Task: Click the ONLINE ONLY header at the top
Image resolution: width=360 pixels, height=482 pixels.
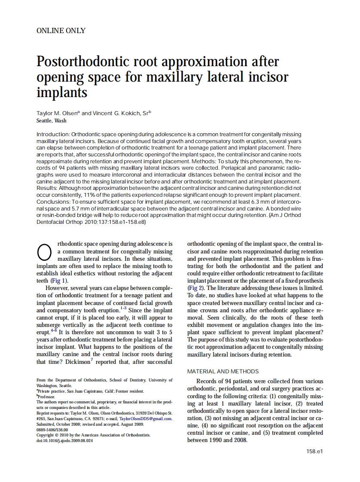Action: click(x=61, y=31)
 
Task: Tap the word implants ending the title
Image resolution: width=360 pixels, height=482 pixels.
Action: click(x=62, y=92)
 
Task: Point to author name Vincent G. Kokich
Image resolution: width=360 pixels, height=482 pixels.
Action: click(x=117, y=113)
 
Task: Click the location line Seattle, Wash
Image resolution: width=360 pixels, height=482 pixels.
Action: click(x=52, y=121)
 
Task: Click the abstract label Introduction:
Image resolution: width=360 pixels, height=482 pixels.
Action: click(x=53, y=134)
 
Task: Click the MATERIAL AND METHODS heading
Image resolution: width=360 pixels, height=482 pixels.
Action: click(x=223, y=371)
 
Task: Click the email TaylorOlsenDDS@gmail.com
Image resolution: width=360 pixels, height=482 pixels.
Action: click(x=146, y=418)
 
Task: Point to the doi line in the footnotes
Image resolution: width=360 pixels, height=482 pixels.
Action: click(x=64, y=441)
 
